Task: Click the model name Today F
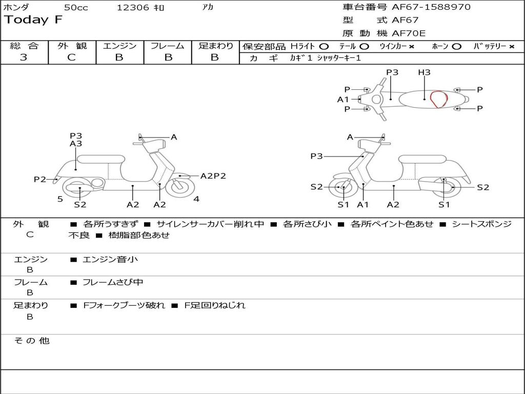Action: point(33,20)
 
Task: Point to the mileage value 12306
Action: point(133,8)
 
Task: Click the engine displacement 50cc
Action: point(76,8)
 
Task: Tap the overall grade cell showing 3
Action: point(24,57)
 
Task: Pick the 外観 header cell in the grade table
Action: point(72,46)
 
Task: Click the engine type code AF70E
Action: point(409,33)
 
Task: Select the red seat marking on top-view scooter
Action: point(438,99)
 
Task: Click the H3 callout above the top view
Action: point(424,72)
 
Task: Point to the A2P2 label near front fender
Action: point(213,176)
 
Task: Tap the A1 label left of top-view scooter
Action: point(343,100)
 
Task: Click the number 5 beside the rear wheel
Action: point(60,199)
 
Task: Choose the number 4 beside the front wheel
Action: point(196,199)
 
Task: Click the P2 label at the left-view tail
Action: point(40,179)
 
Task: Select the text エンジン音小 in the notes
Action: point(110,260)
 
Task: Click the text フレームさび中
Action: point(113,282)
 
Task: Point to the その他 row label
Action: point(31,341)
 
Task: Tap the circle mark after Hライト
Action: point(324,47)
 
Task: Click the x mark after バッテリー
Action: point(512,47)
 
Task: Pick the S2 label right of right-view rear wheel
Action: point(483,187)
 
